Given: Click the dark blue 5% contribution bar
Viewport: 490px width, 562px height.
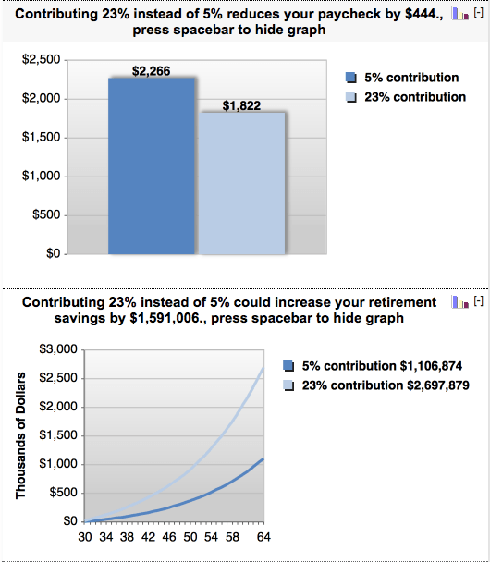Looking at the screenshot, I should pos(151,166).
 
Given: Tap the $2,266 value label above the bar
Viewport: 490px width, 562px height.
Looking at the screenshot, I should pos(151,71).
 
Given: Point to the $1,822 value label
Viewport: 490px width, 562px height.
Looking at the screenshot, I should pos(242,106).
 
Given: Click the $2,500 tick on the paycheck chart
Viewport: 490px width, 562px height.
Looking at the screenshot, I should pos(42,60).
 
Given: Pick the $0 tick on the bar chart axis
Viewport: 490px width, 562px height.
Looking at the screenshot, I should pos(53,253).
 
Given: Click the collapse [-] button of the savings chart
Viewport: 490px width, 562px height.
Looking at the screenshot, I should pos(478,302).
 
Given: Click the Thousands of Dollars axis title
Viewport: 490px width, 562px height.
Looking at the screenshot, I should pos(20,436).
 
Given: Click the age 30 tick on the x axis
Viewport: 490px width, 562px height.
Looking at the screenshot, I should pos(84,536).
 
